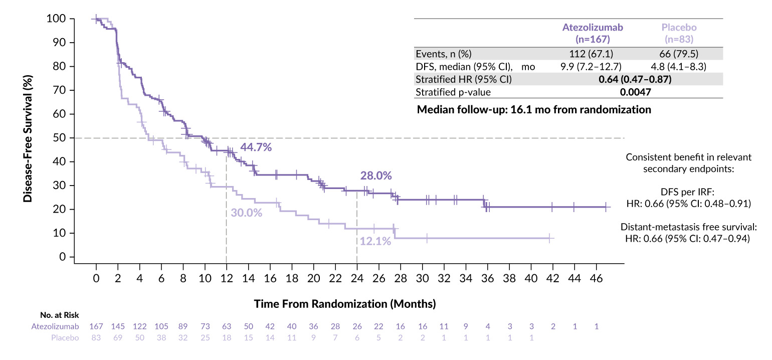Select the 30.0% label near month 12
(x=247, y=213)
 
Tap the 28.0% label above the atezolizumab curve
(x=375, y=175)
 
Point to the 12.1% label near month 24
(x=375, y=241)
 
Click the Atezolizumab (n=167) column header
(x=592, y=33)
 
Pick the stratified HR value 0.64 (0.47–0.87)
(x=635, y=79)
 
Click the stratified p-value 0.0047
(x=635, y=92)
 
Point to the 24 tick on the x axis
(x=357, y=277)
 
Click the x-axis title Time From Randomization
(x=345, y=304)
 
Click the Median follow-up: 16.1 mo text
(x=534, y=109)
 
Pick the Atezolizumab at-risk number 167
(x=96, y=326)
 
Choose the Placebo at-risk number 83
(x=96, y=338)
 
